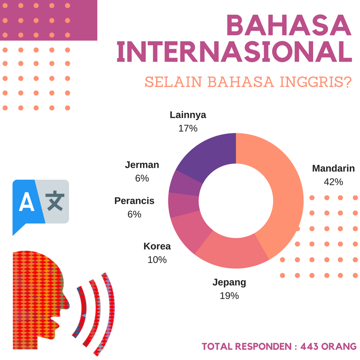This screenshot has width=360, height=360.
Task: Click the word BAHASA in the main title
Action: [x=289, y=25]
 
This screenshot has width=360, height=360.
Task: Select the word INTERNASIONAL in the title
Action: [x=234, y=52]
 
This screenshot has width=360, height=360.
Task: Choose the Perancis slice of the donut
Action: [x=184, y=204]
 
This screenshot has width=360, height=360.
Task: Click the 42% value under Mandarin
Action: [x=333, y=182]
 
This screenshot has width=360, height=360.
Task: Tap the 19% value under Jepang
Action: [x=229, y=296]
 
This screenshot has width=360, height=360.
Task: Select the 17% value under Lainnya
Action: [x=188, y=128]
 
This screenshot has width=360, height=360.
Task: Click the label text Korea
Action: [x=157, y=246]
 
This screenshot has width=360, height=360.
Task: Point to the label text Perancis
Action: [x=134, y=201]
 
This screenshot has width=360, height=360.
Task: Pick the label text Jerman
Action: [x=142, y=165]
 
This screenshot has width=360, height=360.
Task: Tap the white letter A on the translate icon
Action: [x=27, y=202]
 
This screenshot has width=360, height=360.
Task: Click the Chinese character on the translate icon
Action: [x=55, y=201]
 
